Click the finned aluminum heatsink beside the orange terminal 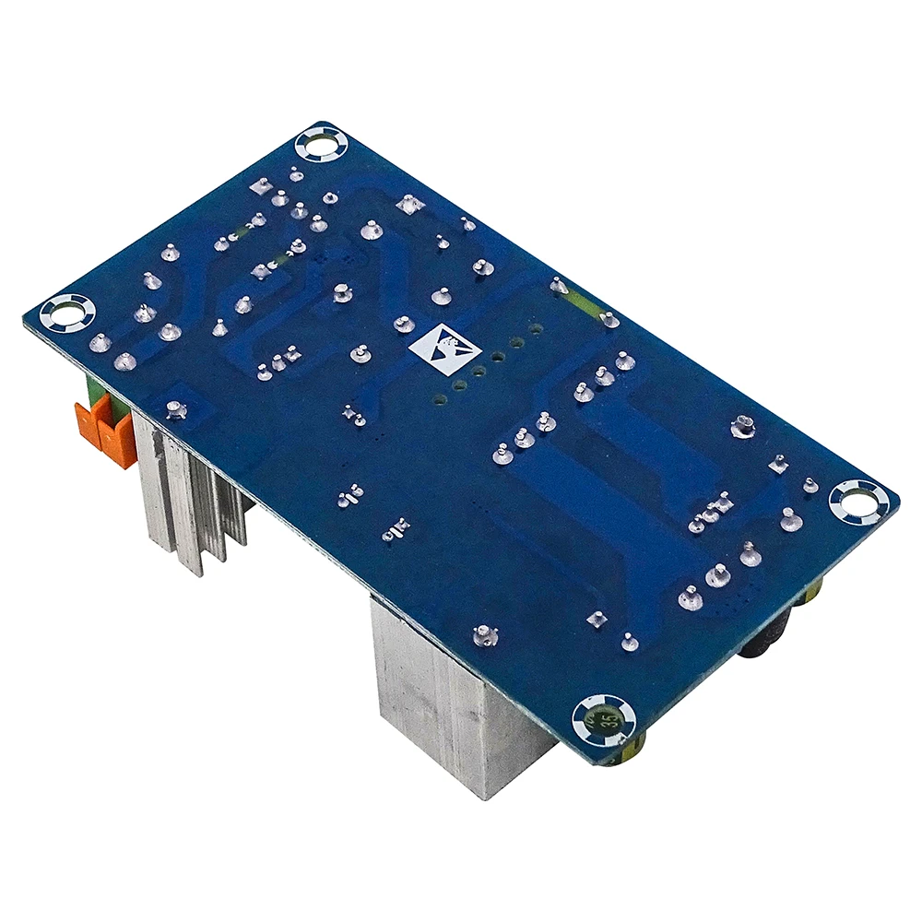[x=189, y=489]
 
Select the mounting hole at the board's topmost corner [x=323, y=145]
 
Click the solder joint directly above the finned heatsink [x=175, y=408]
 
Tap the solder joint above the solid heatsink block [x=483, y=634]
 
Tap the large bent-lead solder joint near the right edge [x=742, y=426]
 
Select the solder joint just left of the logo [x=403, y=325]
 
